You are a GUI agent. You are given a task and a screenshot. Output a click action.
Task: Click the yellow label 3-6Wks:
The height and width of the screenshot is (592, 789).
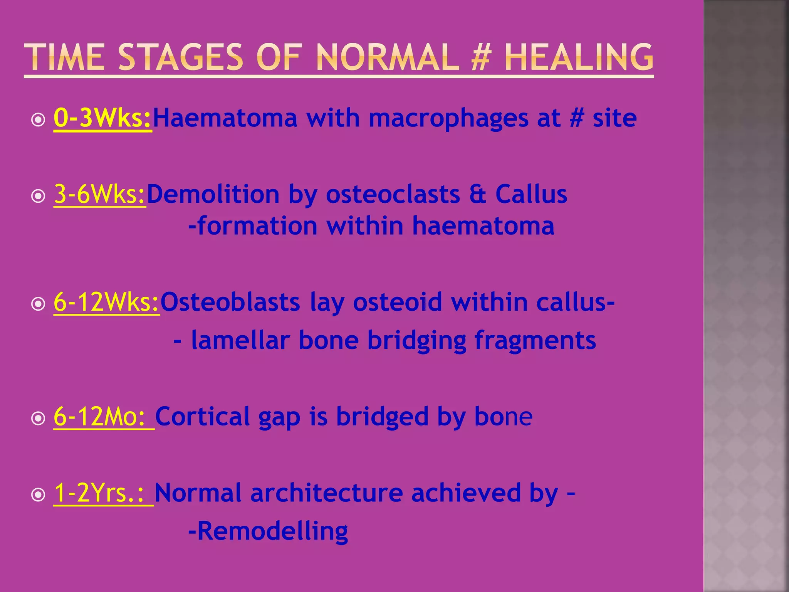[100, 194]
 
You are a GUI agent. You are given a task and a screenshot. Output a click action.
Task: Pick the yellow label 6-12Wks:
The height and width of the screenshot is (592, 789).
[106, 302]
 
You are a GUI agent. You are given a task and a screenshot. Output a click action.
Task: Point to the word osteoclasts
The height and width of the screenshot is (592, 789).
[393, 194]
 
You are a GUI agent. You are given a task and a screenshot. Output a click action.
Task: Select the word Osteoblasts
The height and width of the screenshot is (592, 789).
[230, 302]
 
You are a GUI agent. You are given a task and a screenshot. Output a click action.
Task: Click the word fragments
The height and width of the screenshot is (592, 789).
[535, 341]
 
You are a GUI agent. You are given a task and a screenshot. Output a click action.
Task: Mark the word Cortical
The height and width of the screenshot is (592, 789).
[202, 416]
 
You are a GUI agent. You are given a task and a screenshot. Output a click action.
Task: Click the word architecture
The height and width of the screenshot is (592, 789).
[326, 493]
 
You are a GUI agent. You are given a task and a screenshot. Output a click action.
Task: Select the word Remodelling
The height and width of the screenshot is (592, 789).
[272, 531]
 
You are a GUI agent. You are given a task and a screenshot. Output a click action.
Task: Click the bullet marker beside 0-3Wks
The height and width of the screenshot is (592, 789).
[38, 120]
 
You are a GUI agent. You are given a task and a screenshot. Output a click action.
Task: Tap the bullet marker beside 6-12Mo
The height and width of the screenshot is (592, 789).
[38, 419]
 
